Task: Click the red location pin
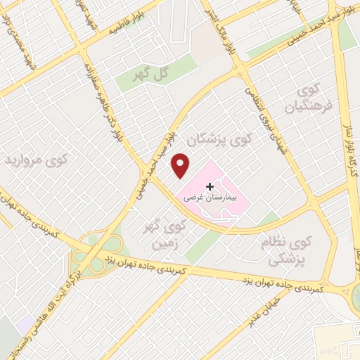coord(181,165)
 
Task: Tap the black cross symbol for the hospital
coord(210,186)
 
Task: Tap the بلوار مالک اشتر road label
coord(230,37)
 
